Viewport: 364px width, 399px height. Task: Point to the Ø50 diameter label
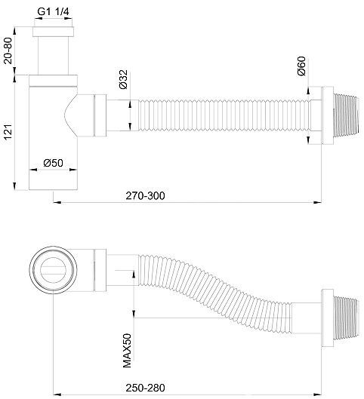[x=54, y=164]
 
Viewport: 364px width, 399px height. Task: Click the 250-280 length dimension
[x=145, y=388]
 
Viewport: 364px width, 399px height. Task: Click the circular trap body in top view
[x=54, y=268]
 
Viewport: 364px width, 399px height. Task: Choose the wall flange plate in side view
[x=328, y=116]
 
